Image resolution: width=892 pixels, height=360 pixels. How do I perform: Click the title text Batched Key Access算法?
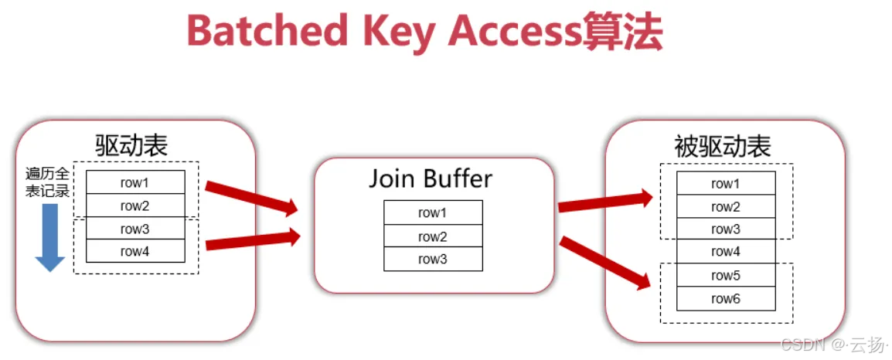[x=424, y=32]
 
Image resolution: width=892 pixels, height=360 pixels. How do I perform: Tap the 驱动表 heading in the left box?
[x=131, y=144]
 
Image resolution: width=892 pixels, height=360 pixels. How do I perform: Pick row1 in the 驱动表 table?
[x=135, y=183]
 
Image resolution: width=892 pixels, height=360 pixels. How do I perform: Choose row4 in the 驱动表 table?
[x=135, y=251]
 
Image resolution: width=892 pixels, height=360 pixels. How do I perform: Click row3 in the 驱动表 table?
[x=135, y=229]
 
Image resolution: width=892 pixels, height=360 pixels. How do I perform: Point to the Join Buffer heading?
[x=430, y=178]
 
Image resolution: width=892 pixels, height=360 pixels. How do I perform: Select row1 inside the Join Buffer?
[x=433, y=212]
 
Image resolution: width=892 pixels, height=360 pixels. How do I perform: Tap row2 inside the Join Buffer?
[x=433, y=236]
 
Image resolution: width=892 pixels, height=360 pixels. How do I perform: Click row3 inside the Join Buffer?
[x=433, y=260]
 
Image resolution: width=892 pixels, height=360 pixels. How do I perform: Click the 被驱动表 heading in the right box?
[x=723, y=147]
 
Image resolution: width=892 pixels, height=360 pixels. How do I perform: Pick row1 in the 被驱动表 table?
[x=726, y=184]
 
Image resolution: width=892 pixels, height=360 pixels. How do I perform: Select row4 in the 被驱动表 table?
[x=726, y=252]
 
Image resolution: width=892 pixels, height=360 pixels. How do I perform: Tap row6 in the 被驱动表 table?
[x=726, y=298]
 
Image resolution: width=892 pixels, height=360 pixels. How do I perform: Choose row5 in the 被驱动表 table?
[x=726, y=275]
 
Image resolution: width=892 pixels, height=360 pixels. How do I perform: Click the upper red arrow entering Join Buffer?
[x=251, y=196]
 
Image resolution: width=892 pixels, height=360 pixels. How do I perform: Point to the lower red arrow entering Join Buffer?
[x=252, y=241]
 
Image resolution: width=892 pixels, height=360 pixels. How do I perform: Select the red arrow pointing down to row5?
[x=604, y=263]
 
